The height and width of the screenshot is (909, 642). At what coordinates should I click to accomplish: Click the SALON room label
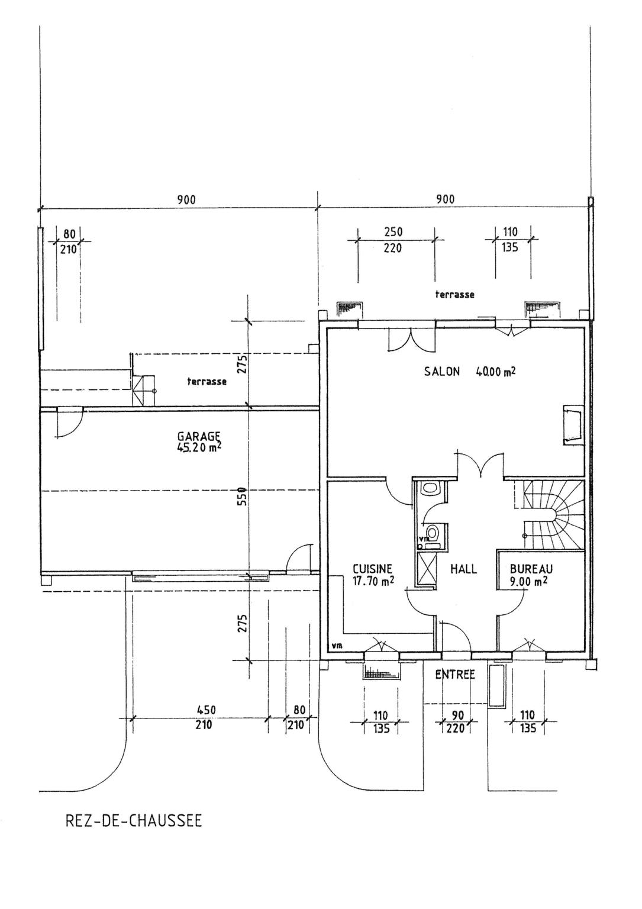tap(441, 372)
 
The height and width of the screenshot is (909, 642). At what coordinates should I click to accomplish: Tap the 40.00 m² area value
tap(495, 372)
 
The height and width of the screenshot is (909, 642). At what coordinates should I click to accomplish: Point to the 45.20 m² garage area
tap(199, 447)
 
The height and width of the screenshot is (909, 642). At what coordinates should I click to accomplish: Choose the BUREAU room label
tap(531, 569)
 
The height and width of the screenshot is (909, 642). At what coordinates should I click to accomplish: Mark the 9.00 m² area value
tap(528, 581)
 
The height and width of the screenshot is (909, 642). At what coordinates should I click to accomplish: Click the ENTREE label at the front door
tap(455, 674)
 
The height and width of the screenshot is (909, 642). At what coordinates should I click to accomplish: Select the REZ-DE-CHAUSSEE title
tap(133, 821)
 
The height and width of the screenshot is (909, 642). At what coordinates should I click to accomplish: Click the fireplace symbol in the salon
tap(572, 424)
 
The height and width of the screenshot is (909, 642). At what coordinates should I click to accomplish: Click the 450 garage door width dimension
tap(206, 710)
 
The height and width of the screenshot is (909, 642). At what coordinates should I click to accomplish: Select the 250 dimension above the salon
tap(393, 233)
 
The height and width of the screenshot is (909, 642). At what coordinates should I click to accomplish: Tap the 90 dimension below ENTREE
tap(457, 715)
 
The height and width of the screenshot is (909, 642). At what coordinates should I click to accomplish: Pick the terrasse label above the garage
tap(207, 382)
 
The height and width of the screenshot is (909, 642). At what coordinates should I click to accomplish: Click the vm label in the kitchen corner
tap(337, 646)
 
